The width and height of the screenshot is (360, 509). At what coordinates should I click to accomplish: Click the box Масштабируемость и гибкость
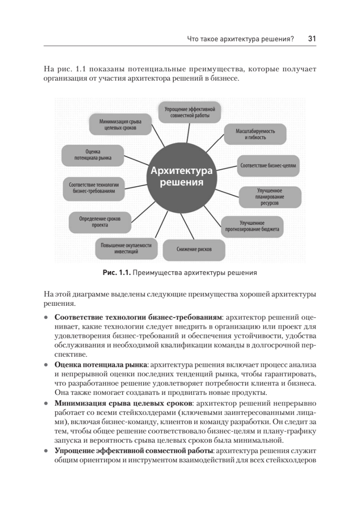point(255,134)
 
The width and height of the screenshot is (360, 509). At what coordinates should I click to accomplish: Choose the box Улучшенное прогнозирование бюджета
point(252,226)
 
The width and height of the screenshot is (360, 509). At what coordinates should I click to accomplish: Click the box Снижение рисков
point(194,249)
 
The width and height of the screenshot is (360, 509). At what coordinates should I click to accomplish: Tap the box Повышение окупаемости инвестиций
point(126,248)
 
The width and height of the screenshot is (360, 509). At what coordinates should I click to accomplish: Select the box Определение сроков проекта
point(100,222)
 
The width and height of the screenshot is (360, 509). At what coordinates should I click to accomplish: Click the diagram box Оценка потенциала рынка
point(93,155)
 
